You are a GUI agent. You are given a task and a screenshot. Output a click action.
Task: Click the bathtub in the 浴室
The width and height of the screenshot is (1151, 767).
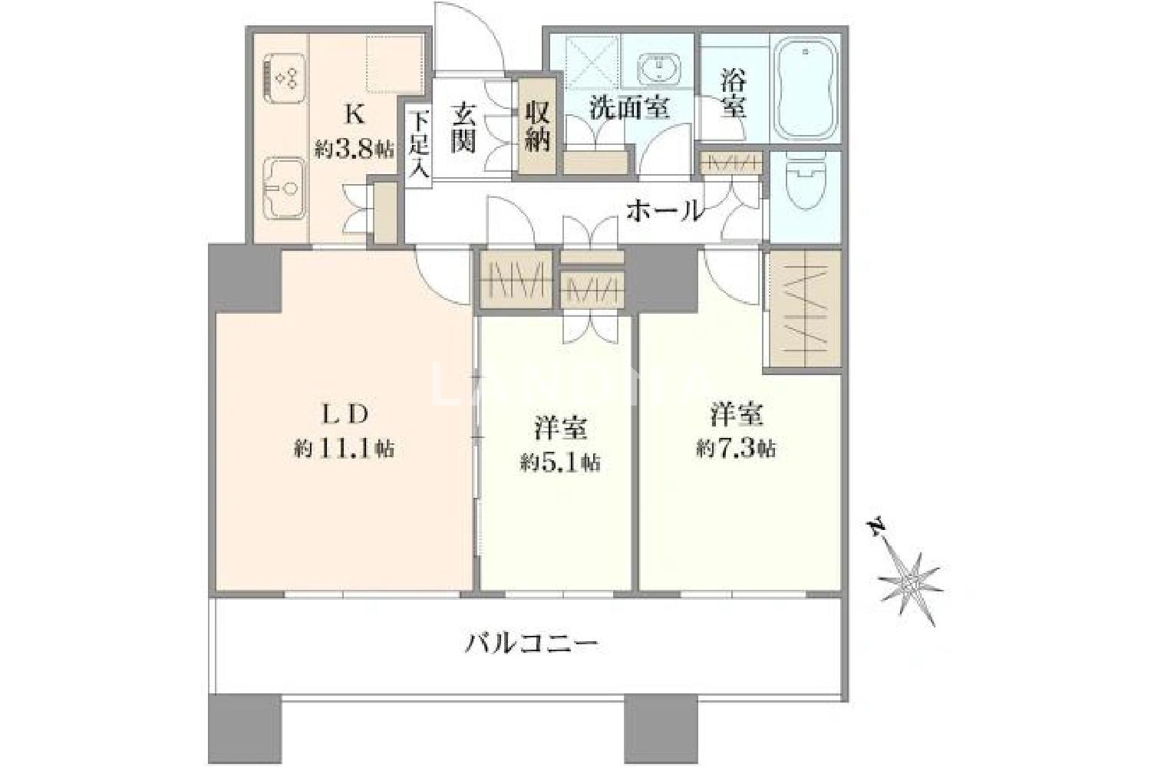[805, 90]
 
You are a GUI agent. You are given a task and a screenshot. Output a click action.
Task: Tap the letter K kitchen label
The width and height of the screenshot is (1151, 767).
[355, 114]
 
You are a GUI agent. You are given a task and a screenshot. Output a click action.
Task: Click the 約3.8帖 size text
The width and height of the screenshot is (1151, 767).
[355, 150]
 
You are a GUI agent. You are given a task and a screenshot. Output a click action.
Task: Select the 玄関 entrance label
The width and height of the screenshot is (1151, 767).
[463, 128]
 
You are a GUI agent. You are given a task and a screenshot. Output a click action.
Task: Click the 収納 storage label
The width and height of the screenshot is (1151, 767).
[537, 127]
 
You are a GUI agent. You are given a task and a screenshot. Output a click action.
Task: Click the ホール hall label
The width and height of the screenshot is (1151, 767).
[665, 211]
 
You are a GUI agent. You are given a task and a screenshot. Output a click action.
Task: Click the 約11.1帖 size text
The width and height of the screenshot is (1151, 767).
[345, 449]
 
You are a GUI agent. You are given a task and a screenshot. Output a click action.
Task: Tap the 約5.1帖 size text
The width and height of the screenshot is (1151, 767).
[559, 463]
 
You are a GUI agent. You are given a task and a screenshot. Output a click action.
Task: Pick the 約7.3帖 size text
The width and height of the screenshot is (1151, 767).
[737, 449]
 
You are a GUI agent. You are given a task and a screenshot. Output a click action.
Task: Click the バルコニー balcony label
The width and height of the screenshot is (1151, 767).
[531, 644]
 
